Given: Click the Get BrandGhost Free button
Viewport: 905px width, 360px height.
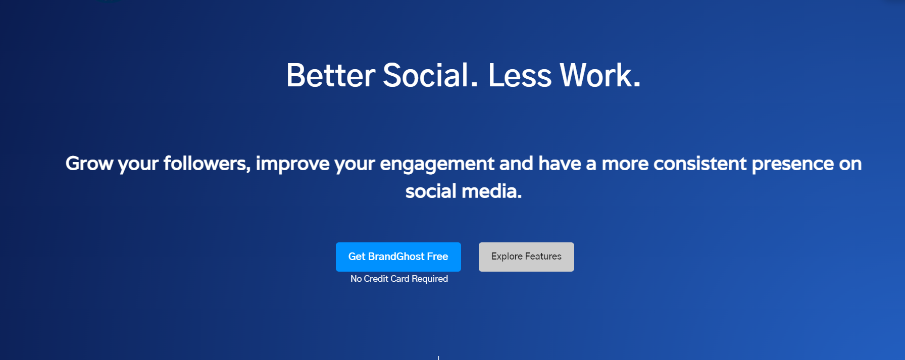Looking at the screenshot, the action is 398,257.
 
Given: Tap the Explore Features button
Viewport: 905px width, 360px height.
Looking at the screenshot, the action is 526,257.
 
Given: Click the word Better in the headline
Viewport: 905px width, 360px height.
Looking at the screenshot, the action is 331,75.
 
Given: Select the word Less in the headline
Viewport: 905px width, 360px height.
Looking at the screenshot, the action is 520,75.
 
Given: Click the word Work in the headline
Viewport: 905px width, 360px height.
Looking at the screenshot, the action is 600,75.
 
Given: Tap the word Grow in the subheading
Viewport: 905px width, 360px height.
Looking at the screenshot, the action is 89,164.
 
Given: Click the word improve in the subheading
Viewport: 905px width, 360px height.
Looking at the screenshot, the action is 293,165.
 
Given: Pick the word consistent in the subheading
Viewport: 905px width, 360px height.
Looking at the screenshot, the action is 700,164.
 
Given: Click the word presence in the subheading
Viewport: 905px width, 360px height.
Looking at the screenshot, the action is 793,165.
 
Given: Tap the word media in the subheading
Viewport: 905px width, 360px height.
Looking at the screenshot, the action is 491,191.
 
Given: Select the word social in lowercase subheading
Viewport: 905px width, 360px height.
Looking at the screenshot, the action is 431,191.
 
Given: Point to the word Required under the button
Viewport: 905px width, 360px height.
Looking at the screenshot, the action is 430,279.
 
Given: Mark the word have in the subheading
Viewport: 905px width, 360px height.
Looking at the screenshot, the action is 560,164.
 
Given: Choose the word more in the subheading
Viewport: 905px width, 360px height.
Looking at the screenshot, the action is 625,165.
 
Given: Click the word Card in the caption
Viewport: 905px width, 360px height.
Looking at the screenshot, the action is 400,279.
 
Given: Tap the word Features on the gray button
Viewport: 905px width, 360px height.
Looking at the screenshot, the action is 543,256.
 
